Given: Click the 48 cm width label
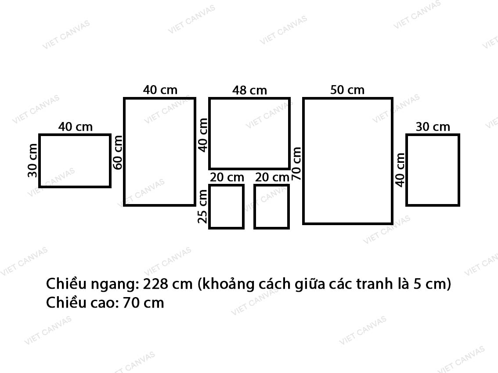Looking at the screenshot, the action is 249,90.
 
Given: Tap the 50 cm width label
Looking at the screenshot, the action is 347,90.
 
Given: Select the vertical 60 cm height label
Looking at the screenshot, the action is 118,152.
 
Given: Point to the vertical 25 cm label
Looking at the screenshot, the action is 202,206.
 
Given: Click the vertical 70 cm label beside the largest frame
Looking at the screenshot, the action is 296,164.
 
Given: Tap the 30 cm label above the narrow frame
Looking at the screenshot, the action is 433,127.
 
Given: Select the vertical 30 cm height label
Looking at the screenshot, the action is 32,160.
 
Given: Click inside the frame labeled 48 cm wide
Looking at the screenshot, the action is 249,133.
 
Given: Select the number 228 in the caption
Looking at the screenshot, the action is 155,284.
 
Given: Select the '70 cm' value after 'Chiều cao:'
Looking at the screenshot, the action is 143,303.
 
